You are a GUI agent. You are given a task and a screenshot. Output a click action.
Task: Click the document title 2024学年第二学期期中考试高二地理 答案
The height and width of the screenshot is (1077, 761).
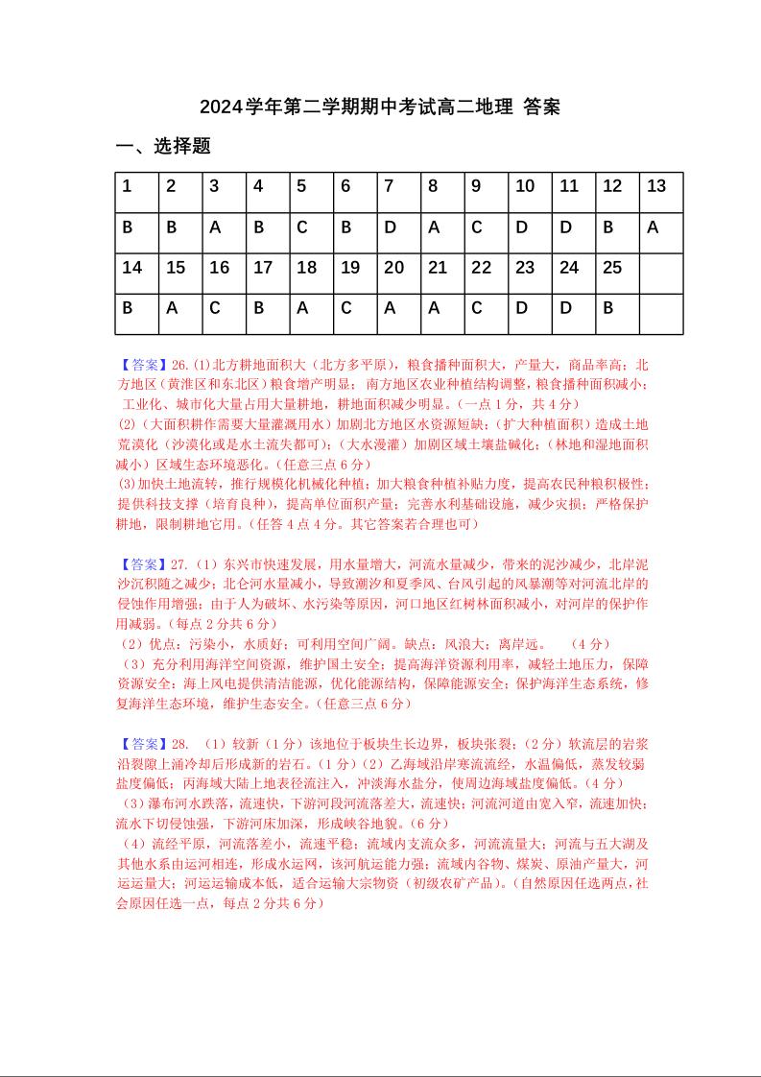pos(380,107)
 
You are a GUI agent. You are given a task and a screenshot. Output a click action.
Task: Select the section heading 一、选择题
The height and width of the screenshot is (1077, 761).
pos(163,146)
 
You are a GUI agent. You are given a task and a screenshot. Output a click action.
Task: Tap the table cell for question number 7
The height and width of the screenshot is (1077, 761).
pos(398,192)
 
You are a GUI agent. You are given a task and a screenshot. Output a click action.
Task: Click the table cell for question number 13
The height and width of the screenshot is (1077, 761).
pos(661,192)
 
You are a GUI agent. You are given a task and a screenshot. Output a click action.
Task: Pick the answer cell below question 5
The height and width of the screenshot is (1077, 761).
pos(311,232)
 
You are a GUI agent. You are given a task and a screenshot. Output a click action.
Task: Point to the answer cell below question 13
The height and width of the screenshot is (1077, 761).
pos(661,232)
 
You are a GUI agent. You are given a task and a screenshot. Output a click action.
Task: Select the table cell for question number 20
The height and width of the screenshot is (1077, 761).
pos(398,274)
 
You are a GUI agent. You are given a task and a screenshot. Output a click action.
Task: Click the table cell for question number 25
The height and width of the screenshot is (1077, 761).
pos(617,274)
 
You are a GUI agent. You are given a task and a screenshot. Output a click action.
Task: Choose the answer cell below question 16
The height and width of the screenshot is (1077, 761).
pos(224,314)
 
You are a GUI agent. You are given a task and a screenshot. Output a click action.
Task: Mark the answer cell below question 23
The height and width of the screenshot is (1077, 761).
pos(530,314)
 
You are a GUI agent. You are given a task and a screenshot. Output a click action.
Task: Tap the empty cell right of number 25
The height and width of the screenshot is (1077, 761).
pos(661,274)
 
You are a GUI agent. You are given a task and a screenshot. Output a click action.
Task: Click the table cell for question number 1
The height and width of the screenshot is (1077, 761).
pos(136,192)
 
